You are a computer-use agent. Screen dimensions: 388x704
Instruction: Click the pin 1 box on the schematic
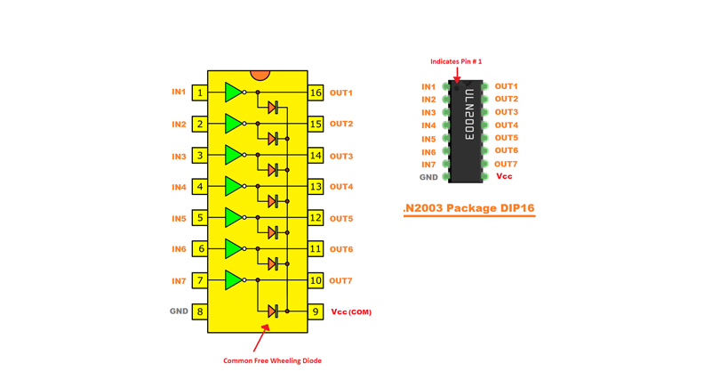(x=200, y=93)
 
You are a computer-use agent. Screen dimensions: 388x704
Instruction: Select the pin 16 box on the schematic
(x=316, y=93)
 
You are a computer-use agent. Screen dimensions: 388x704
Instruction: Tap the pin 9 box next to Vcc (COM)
(x=316, y=311)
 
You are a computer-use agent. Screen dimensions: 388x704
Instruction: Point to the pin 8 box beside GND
(x=200, y=311)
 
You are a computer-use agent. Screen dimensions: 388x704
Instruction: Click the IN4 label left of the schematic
(x=179, y=187)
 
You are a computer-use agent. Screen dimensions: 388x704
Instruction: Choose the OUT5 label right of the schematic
(x=341, y=218)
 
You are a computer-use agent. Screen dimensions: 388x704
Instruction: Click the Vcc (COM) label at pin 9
(x=351, y=312)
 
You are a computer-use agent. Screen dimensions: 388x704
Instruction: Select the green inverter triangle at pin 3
(x=233, y=155)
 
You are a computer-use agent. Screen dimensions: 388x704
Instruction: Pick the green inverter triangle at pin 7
(x=233, y=280)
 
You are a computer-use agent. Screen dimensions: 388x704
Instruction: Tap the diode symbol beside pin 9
(x=273, y=311)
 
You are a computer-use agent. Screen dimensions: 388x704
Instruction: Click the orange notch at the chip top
(x=260, y=75)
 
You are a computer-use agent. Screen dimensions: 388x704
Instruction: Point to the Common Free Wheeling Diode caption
(x=272, y=360)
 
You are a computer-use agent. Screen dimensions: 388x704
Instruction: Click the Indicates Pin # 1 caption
(x=456, y=61)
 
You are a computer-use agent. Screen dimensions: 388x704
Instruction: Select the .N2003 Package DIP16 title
(x=468, y=208)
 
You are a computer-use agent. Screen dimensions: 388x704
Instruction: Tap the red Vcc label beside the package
(x=504, y=176)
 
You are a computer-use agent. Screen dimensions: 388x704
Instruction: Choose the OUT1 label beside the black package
(x=506, y=86)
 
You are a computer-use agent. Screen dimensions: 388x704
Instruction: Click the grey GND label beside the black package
(x=428, y=177)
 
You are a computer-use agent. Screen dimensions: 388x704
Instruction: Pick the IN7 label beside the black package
(x=428, y=165)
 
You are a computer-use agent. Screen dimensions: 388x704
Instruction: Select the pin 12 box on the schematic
(x=316, y=218)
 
